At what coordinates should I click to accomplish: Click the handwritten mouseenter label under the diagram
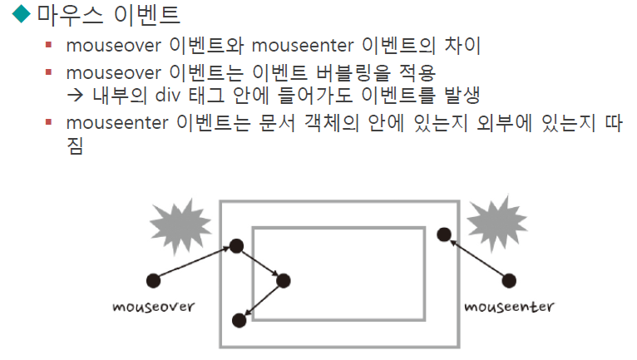[510, 306]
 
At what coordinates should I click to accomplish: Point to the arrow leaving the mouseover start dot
[193, 262]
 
